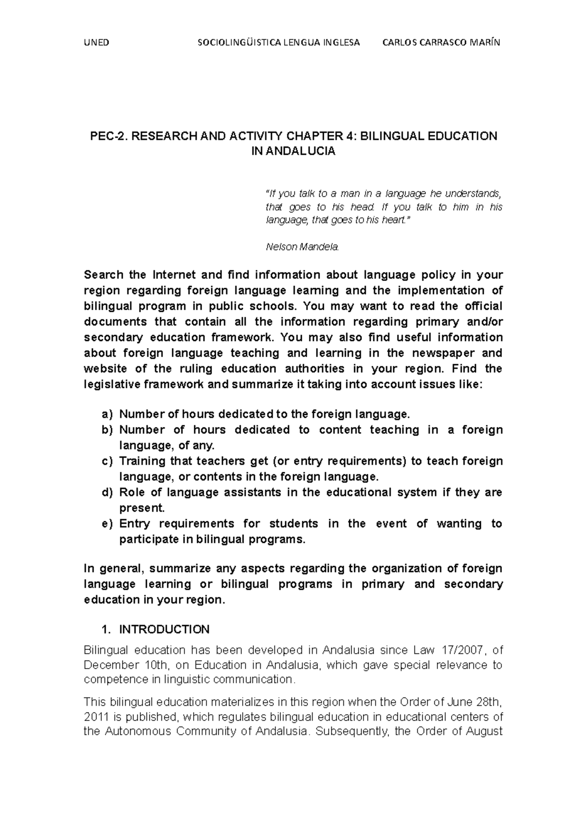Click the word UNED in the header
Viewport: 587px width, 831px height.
[96, 42]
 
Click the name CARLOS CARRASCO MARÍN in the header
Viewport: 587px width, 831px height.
[442, 42]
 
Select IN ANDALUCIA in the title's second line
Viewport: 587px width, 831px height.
[293, 151]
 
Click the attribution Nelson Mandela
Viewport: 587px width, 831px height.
[302, 247]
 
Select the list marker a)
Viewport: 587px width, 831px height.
[107, 415]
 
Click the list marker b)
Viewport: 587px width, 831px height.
[107, 430]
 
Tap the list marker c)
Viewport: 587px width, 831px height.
[107, 462]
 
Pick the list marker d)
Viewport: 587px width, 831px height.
[107, 493]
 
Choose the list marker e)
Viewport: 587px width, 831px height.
[107, 524]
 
